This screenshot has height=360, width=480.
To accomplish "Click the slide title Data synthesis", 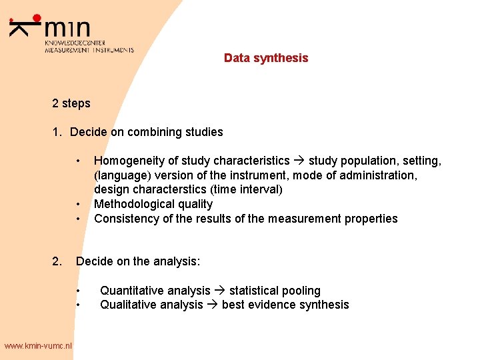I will [266, 58].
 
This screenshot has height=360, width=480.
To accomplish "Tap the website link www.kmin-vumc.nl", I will [37, 345].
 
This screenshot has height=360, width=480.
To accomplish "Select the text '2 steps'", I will [71, 103].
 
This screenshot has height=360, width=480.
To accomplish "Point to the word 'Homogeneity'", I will [124, 161].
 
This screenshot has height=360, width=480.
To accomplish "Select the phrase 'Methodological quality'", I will [153, 204].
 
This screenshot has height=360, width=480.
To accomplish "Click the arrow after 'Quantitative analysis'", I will [220, 291].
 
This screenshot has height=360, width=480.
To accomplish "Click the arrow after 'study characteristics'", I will [299, 161].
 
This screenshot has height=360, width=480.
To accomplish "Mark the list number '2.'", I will [57, 261].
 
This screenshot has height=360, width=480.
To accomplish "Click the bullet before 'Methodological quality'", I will [78, 204].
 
